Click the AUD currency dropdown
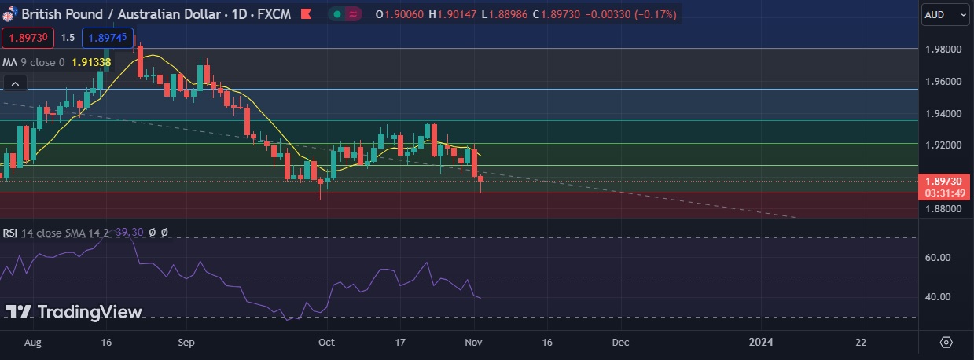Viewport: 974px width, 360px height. coord(946,14)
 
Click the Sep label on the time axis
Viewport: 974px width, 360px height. coord(186,343)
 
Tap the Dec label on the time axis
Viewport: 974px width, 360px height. coord(620,343)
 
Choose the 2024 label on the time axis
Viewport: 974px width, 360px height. coord(759,343)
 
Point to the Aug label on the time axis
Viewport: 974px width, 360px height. coord(32,343)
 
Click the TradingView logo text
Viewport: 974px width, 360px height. coord(90,312)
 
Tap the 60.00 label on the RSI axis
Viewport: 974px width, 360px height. coord(939,258)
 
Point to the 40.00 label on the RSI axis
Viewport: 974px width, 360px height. coord(939,297)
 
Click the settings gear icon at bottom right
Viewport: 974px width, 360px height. coord(946,343)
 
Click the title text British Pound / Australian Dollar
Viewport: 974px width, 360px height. coord(111,14)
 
